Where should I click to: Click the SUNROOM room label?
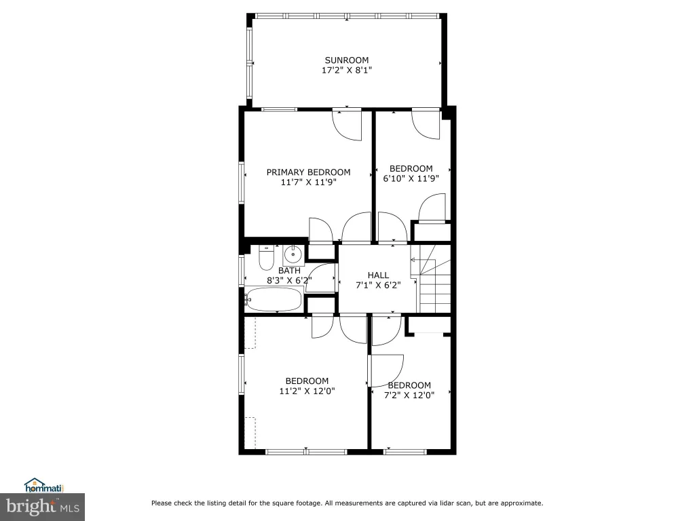pyautogui.click(x=347, y=60)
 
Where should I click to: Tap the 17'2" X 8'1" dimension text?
pyautogui.click(x=347, y=70)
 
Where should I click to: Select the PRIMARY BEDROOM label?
pyautogui.click(x=309, y=172)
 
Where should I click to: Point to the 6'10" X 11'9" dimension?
pyautogui.click(x=411, y=178)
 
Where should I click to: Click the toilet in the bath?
pyautogui.click(x=266, y=258)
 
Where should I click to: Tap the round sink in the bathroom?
pyautogui.click(x=293, y=254)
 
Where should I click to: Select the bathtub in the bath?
pyautogui.click(x=274, y=299)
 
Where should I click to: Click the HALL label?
pyautogui.click(x=378, y=275)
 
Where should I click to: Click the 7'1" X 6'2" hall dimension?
pyautogui.click(x=378, y=286)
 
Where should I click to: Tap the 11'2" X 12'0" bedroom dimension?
pyautogui.click(x=307, y=391)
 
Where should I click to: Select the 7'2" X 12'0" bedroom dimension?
pyautogui.click(x=409, y=395)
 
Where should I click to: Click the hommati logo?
pyautogui.click(x=44, y=486)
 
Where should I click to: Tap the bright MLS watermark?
pyautogui.click(x=43, y=507)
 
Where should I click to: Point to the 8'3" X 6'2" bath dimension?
pyautogui.click(x=289, y=280)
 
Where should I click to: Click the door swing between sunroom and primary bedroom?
pyautogui.click(x=347, y=126)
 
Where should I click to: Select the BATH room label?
pyautogui.click(x=289, y=270)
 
